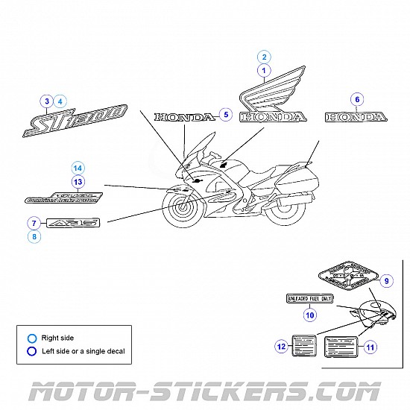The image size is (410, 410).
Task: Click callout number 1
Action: (x=263, y=71)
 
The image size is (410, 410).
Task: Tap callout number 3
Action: (x=47, y=101)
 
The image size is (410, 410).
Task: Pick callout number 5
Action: (x=226, y=116)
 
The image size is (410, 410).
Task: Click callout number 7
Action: (x=34, y=222)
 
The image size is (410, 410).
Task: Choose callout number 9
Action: (x=385, y=281)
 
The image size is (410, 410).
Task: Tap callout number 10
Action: (x=309, y=315)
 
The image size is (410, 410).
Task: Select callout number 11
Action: (x=370, y=346)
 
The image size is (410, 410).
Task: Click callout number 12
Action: (x=281, y=346)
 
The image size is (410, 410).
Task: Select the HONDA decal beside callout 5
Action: (x=183, y=117)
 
